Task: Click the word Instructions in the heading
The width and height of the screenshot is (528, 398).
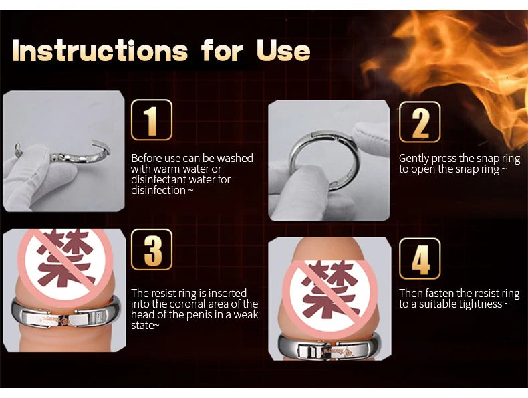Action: [x=100, y=51]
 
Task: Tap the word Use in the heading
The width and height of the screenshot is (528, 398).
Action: [x=283, y=51]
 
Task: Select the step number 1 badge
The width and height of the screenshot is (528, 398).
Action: [x=152, y=120]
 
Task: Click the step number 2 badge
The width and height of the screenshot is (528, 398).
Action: [x=420, y=122]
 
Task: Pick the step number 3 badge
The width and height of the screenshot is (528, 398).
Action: [x=152, y=250]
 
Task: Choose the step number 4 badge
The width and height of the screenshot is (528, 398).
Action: [x=420, y=258]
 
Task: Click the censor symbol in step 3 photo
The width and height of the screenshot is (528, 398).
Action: [x=65, y=263]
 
